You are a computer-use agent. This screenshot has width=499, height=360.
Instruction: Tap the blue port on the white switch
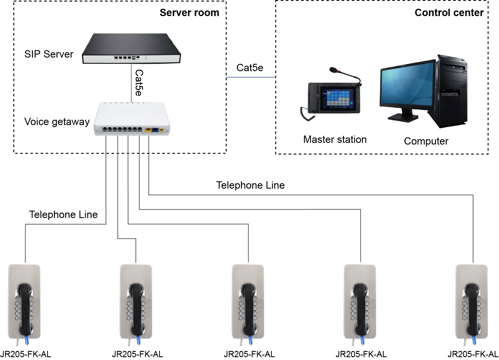[x=155, y=130]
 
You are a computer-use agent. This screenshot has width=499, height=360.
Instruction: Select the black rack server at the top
[x=132, y=48]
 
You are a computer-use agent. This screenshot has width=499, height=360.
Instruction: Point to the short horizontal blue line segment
[x=251, y=78]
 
